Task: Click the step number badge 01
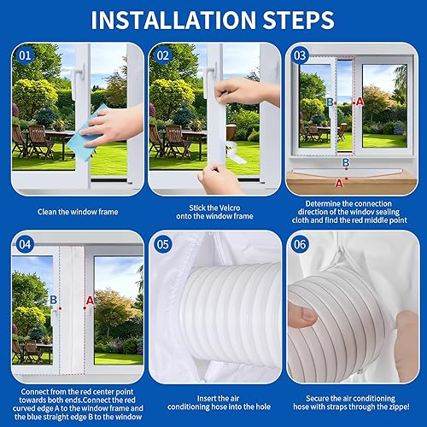point(25,56)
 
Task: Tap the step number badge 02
point(163,56)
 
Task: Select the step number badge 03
point(300,56)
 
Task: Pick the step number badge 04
point(25,244)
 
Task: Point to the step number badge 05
point(163,244)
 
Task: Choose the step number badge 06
point(300,244)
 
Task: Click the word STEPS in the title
point(298,20)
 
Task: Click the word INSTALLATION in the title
point(173,20)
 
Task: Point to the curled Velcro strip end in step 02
point(237,152)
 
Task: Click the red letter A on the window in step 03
point(360,101)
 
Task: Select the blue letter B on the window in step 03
point(330,102)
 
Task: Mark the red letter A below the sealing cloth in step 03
point(339,184)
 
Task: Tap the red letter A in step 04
point(90,301)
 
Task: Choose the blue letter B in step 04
point(53,300)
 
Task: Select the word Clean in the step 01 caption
point(47,212)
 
